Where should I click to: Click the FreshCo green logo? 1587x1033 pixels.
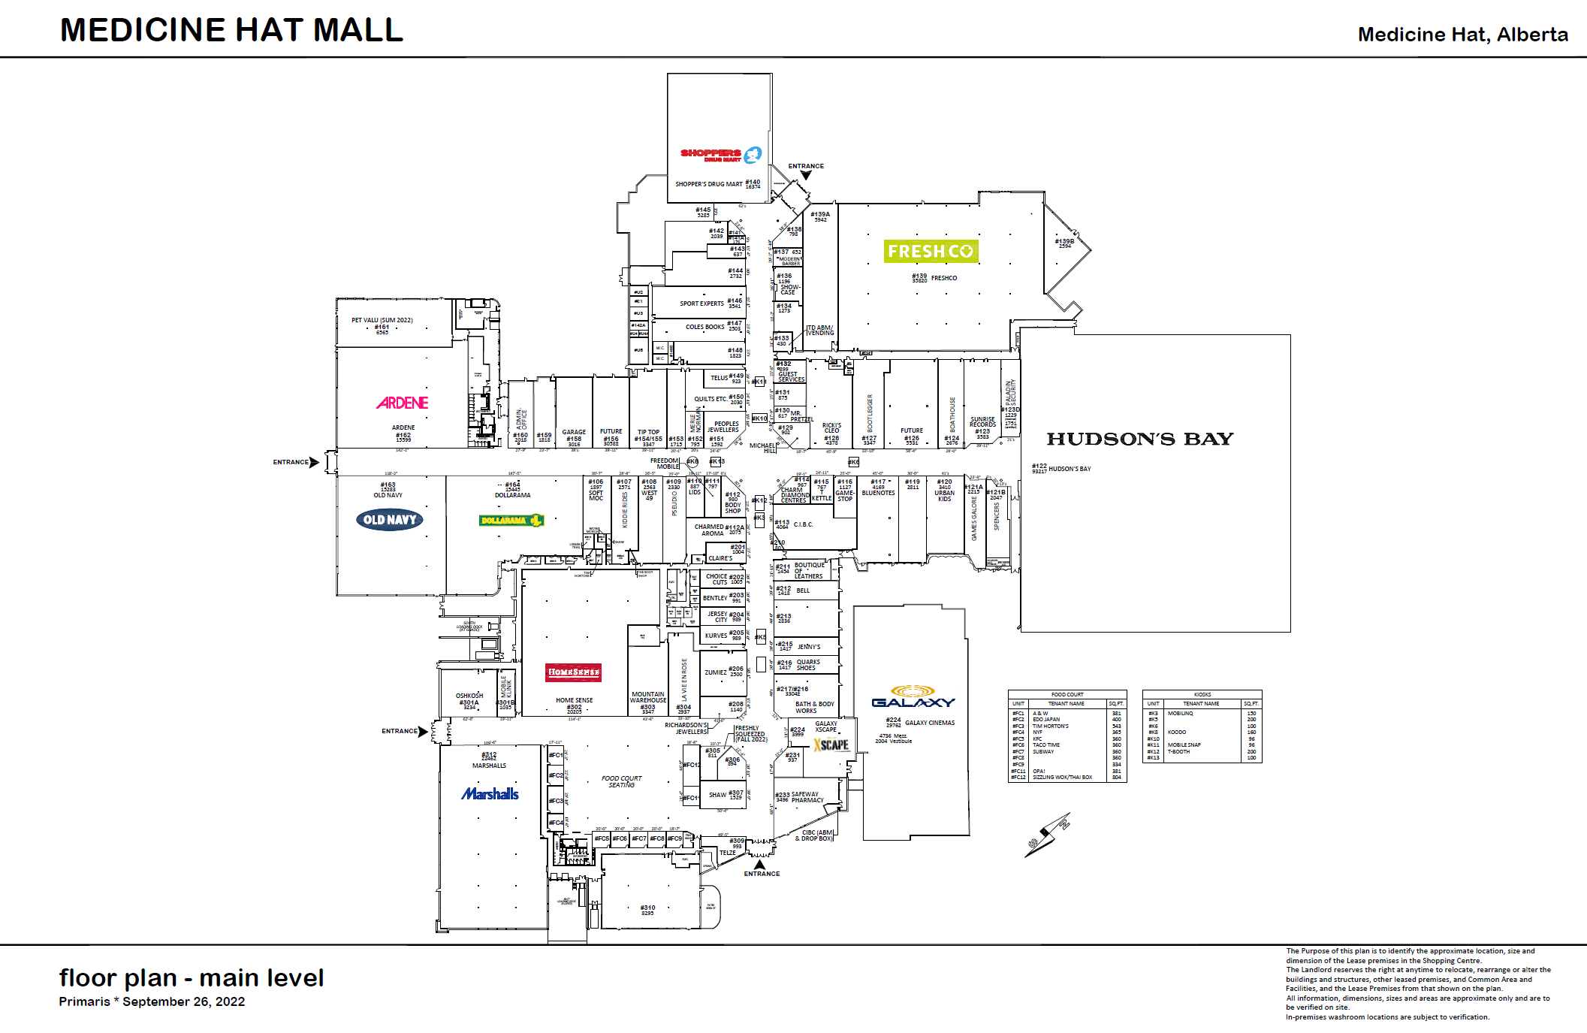pyautogui.click(x=931, y=252)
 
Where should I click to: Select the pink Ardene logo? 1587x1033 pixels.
pyautogui.click(x=403, y=403)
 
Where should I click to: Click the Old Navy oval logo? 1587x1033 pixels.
pyautogui.click(x=390, y=520)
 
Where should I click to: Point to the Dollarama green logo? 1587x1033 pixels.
pyautogui.click(x=511, y=521)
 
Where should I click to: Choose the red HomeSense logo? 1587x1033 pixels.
pyautogui.click(x=574, y=672)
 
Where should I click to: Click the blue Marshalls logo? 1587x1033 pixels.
pyautogui.click(x=490, y=794)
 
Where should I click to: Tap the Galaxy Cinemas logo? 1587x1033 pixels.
pyautogui.click(x=913, y=697)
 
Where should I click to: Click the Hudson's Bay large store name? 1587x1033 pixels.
pyautogui.click(x=1139, y=439)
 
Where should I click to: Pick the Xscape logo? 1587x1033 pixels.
pyautogui.click(x=831, y=745)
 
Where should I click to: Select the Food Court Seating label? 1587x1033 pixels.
pyautogui.click(x=622, y=781)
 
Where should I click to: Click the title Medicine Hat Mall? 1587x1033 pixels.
pyautogui.click(x=231, y=30)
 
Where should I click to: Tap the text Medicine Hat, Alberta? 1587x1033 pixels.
pyautogui.click(x=1462, y=35)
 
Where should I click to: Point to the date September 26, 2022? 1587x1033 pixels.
pyautogui.click(x=184, y=1001)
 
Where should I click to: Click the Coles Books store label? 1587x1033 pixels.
pyautogui.click(x=704, y=327)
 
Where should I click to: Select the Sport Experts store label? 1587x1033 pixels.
pyautogui.click(x=701, y=304)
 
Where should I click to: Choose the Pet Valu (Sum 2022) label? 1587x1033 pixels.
pyautogui.click(x=382, y=320)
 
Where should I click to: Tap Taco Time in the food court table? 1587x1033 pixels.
pyautogui.click(x=1046, y=745)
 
